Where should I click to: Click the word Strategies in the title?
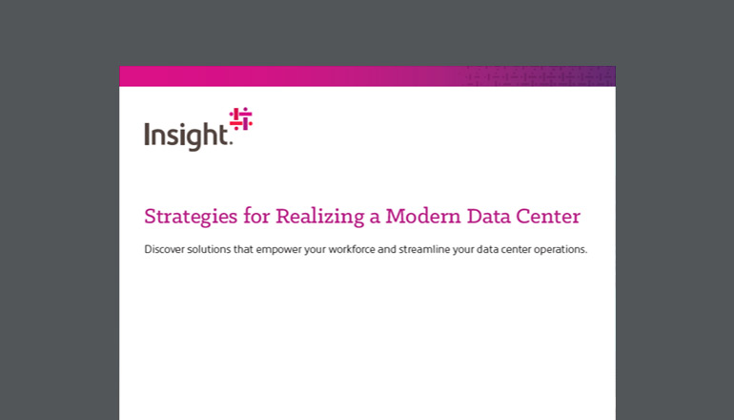(x=191, y=217)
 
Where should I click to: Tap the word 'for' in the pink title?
(x=256, y=216)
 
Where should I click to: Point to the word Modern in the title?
(x=422, y=216)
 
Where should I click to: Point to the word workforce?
(x=352, y=249)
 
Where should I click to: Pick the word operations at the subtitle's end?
(x=561, y=250)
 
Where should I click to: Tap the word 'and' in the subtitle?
(x=387, y=249)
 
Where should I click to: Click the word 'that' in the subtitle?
(x=243, y=249)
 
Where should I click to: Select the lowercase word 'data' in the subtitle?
(x=487, y=249)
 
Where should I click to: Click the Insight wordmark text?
(x=186, y=135)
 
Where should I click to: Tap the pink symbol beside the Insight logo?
(x=240, y=118)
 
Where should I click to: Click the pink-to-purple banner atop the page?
(x=367, y=76)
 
